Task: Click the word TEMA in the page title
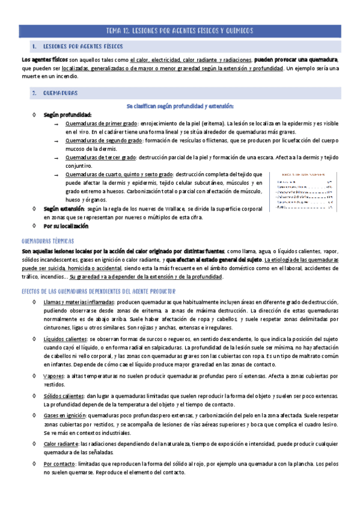[x=114, y=30]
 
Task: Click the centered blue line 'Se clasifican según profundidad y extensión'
[x=180, y=105]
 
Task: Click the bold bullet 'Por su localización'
[x=66, y=226]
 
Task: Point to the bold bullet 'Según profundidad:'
[x=67, y=114]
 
